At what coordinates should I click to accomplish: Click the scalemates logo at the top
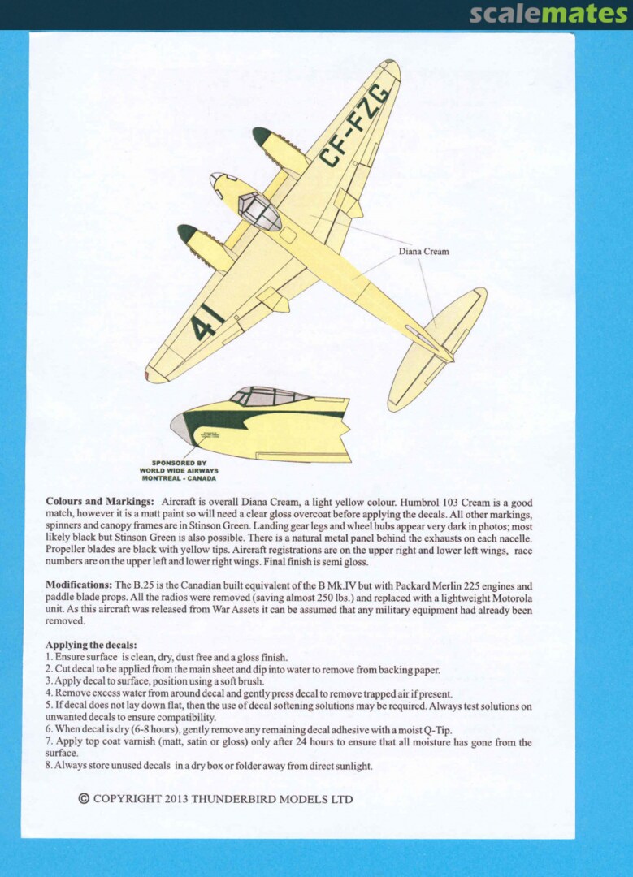548,14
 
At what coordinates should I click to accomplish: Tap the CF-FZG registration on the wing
354,126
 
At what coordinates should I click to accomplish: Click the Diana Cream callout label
423,252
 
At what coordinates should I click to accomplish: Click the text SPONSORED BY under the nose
179,463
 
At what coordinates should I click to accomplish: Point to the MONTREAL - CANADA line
178,478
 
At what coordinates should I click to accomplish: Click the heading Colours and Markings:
100,503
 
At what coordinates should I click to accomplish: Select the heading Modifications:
79,585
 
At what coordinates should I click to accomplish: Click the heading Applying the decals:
90,645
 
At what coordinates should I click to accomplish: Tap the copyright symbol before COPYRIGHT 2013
84,798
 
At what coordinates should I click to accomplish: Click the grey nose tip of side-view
178,428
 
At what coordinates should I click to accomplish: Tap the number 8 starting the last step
49,766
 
